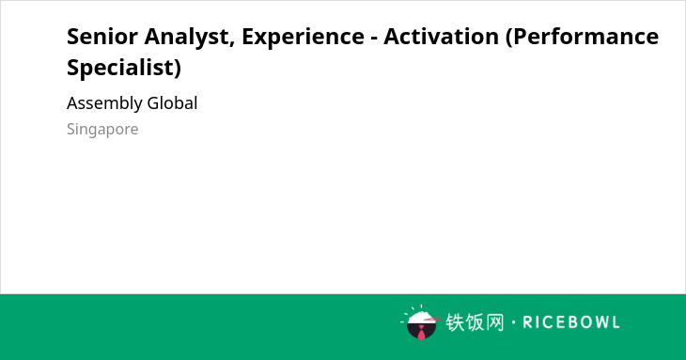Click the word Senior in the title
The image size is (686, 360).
coord(102,37)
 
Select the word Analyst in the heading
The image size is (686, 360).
coord(187,38)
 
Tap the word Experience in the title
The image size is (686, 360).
coord(303,38)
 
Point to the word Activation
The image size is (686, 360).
coord(441,36)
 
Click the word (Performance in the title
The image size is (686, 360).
coord(582,37)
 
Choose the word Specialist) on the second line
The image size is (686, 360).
coord(124,68)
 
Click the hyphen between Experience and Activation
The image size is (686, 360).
coord(374,39)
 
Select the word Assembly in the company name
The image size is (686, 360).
coord(104,103)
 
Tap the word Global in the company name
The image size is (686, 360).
coord(172,103)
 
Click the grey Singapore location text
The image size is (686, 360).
coord(102,130)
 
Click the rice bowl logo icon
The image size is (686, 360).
coord(419,322)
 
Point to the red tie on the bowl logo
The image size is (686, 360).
coord(421,333)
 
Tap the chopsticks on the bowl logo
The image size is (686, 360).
coord(432,319)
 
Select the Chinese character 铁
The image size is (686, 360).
coord(455,322)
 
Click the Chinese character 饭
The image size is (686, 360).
coord(475,322)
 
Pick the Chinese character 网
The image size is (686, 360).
coord(495,322)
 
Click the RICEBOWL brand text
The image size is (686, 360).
coord(571,322)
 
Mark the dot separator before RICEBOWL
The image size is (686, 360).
coord(513,322)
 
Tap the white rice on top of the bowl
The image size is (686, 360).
coord(420,317)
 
